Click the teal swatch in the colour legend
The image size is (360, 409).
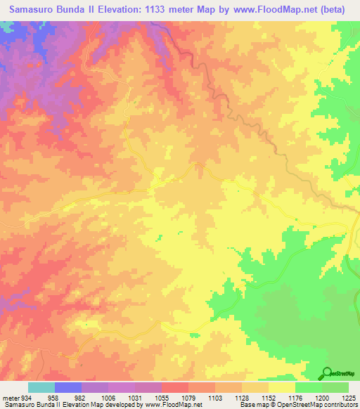click(x=41, y=387)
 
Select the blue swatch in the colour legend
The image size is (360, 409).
click(x=68, y=387)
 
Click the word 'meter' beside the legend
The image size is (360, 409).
click(x=8, y=398)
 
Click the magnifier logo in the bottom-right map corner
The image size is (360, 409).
click(x=327, y=373)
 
